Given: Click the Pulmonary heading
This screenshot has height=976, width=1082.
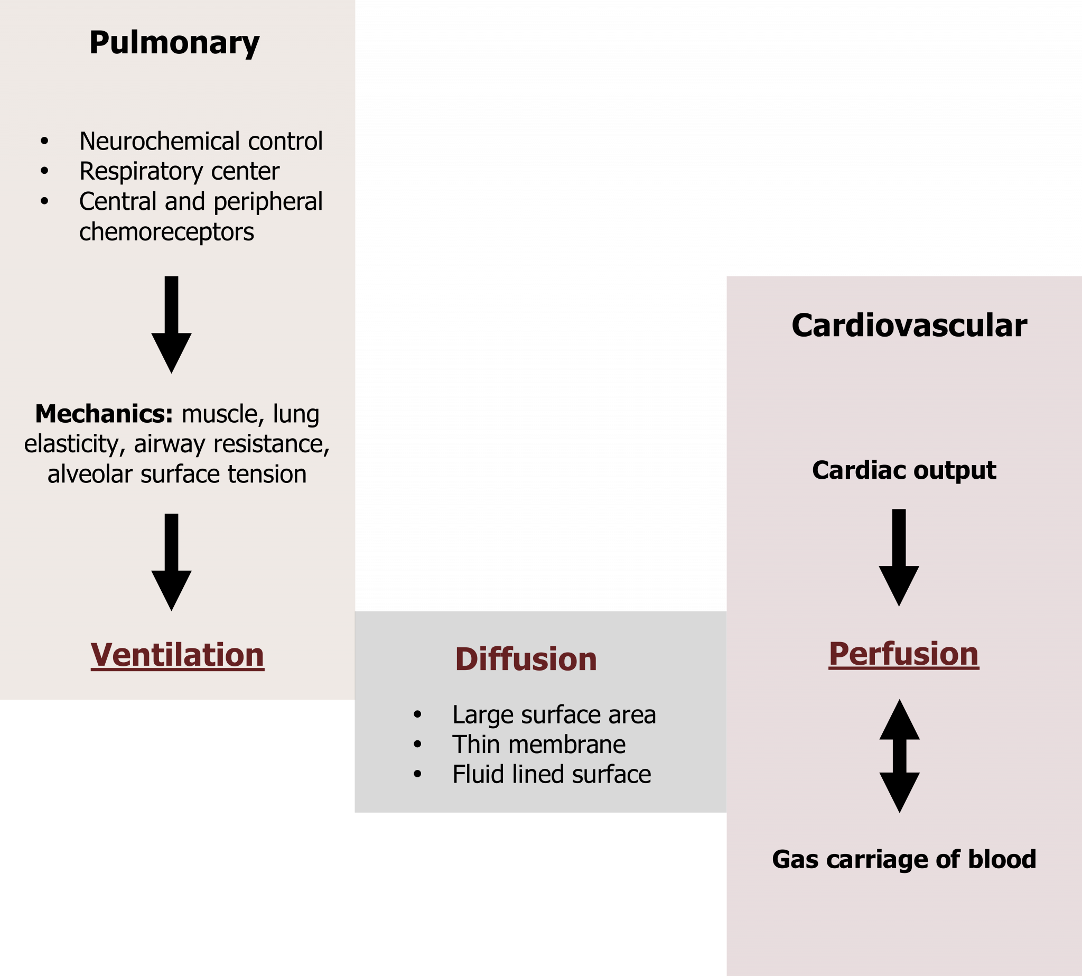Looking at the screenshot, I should (x=174, y=43).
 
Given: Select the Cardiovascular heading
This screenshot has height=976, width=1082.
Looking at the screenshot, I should (x=909, y=326).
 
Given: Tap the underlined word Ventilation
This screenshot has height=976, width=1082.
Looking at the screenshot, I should (x=177, y=655).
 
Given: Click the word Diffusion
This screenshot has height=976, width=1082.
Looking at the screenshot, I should (x=526, y=659).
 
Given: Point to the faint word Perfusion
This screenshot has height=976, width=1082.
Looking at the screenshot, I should (x=904, y=654).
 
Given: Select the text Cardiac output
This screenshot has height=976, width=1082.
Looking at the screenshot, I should (x=904, y=470).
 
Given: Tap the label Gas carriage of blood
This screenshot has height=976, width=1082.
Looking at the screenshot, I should (x=904, y=859).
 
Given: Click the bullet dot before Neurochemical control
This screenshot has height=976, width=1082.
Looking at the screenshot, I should (x=44, y=142).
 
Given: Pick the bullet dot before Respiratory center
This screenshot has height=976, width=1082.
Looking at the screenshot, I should (x=44, y=172).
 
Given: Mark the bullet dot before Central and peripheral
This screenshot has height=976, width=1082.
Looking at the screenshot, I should (x=44, y=202).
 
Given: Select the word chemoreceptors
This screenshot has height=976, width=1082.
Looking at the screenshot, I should (x=166, y=232).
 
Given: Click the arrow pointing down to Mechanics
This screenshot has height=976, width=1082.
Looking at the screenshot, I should (x=171, y=325).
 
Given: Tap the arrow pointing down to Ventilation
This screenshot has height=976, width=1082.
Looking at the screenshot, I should (x=171, y=563).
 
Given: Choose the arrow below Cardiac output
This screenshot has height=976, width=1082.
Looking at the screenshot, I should (x=899, y=557).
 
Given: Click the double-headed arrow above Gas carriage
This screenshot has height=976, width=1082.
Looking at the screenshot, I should (x=899, y=756).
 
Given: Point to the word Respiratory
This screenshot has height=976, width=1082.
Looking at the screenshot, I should (x=141, y=172).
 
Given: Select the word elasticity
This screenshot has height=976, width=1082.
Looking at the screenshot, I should (x=71, y=444).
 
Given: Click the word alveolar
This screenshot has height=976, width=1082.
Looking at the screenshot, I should (x=89, y=474).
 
